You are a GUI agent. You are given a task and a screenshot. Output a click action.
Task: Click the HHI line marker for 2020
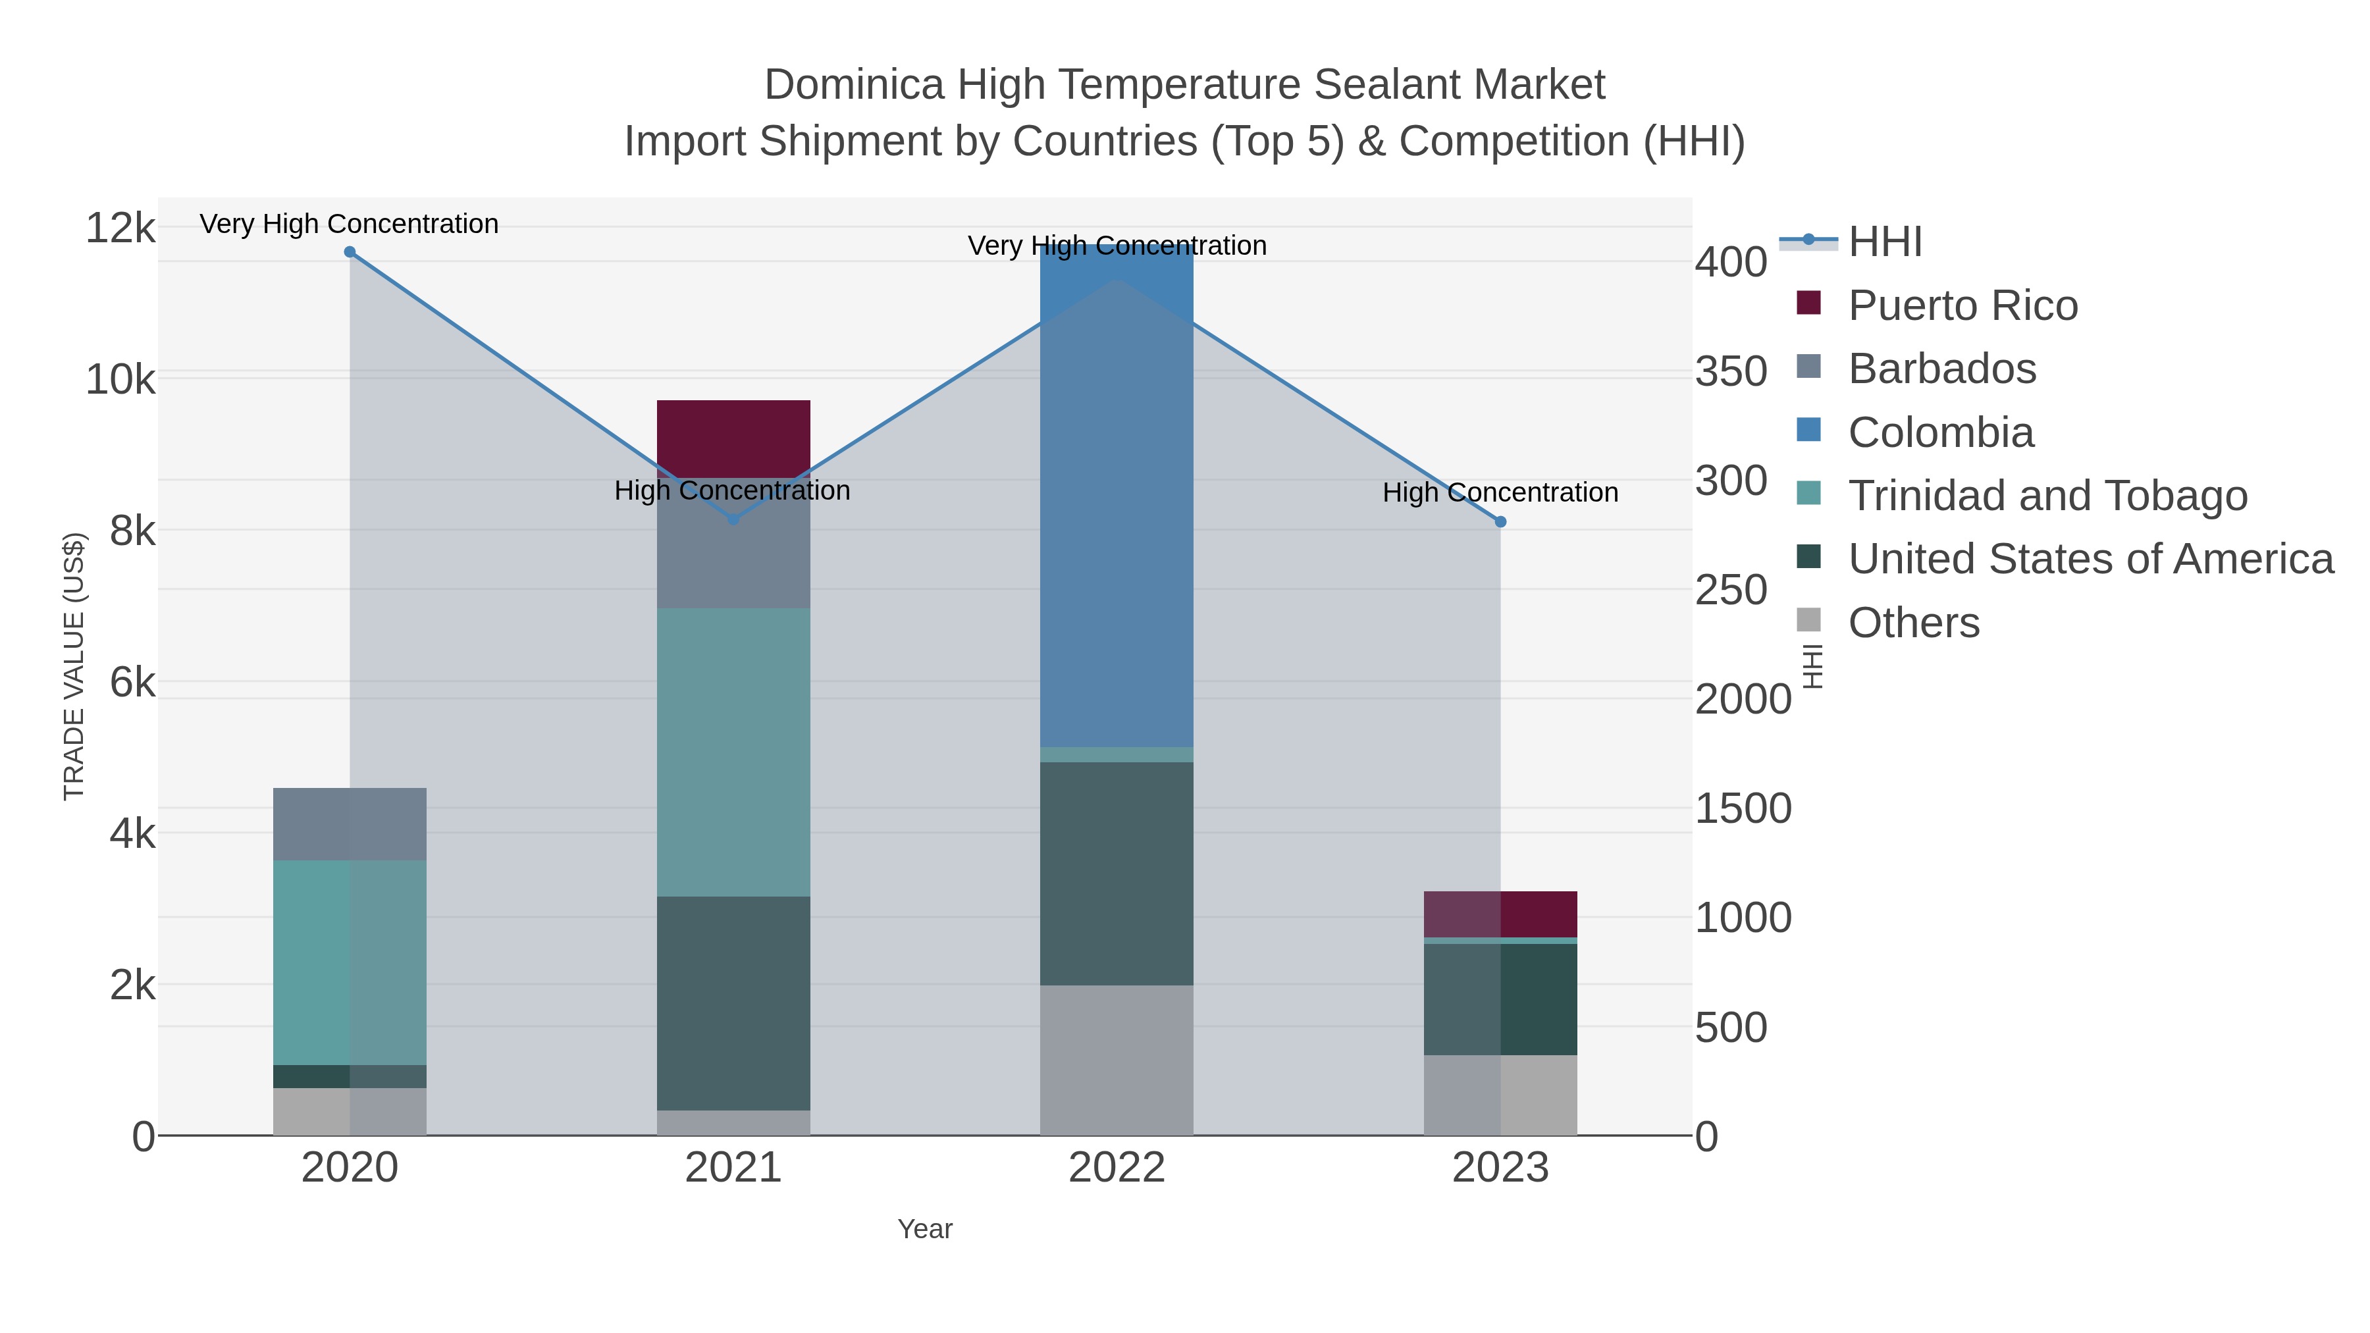tap(350, 252)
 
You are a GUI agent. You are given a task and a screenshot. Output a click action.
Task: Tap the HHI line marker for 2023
tap(1500, 521)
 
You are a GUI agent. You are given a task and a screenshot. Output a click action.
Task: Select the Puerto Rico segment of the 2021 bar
tap(733, 438)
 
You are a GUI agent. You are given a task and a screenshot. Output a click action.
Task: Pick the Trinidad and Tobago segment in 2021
tap(733, 752)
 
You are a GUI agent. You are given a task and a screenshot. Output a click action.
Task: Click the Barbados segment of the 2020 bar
tap(350, 823)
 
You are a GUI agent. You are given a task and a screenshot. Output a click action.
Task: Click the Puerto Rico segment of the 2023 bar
tap(1500, 914)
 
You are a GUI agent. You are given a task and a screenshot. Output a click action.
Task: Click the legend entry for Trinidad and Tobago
tap(2047, 496)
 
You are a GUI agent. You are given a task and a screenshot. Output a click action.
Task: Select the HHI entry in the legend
tap(1884, 242)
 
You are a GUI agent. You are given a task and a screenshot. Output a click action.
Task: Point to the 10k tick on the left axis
tap(120, 379)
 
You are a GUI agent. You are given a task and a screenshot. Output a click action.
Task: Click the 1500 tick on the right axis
tap(1743, 808)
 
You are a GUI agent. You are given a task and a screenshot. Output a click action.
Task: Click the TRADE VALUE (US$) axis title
tap(74, 666)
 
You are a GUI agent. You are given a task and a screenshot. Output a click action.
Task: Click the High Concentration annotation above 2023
tap(1500, 493)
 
